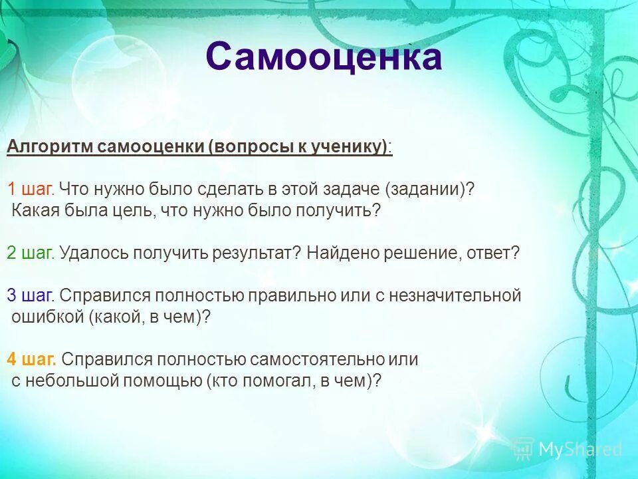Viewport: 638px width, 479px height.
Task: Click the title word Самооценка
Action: pos(324,57)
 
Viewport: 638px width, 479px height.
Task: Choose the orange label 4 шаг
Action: pos(31,360)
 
